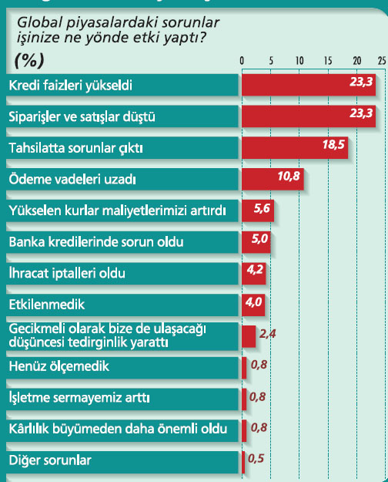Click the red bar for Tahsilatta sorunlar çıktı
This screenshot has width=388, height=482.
point(295,147)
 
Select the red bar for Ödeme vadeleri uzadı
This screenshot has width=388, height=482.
point(273,179)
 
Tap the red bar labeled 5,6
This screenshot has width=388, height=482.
point(258,211)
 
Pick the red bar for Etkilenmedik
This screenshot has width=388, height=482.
point(253,305)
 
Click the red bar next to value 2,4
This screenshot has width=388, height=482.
point(249,336)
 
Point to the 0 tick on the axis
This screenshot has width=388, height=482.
point(242,61)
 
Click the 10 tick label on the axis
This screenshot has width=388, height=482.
point(299,61)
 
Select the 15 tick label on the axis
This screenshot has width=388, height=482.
point(328,61)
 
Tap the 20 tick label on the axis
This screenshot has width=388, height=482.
point(356,61)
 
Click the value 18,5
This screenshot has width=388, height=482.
point(333,144)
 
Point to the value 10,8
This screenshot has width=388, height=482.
point(289,176)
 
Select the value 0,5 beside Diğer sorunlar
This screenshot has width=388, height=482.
point(256,459)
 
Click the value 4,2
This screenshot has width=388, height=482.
point(255,270)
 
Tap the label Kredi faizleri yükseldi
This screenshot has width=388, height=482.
point(71,85)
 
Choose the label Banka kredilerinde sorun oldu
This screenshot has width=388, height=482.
point(96,242)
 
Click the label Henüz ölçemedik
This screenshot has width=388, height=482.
point(59,366)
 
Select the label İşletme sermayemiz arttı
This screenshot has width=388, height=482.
point(79,397)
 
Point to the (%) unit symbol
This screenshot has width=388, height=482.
point(29,60)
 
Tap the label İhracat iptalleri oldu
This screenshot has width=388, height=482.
point(67,273)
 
